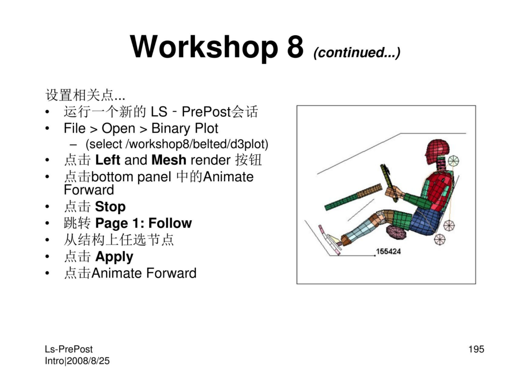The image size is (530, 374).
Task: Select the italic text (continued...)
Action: (x=357, y=52)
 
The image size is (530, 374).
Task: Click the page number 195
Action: (x=476, y=349)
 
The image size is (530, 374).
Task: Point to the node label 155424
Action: (x=388, y=251)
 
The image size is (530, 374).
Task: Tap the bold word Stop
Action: (x=110, y=206)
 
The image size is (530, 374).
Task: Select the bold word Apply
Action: (x=114, y=257)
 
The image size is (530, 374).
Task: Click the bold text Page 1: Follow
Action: (x=143, y=223)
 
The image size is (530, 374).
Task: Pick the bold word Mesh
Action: (x=169, y=160)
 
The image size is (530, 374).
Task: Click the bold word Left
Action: (x=107, y=160)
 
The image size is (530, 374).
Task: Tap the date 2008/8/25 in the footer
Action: (x=88, y=361)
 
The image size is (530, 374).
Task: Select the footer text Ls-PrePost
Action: (x=69, y=349)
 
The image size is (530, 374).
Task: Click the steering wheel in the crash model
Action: (x=389, y=183)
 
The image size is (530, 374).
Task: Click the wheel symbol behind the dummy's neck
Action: (x=453, y=161)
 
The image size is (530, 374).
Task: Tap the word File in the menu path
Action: (x=75, y=128)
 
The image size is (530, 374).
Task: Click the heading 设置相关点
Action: (x=85, y=95)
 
